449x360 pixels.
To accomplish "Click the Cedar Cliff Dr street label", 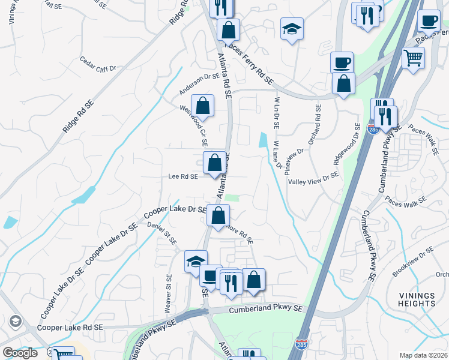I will [x=97, y=65].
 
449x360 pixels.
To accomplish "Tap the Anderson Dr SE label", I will [x=200, y=84].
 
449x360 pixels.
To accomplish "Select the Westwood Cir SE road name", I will [x=194, y=125].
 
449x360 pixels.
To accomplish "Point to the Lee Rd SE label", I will [x=183, y=176].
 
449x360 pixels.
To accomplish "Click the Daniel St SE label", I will [x=163, y=233].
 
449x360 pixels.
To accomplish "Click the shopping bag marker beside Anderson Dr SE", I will [x=204, y=106].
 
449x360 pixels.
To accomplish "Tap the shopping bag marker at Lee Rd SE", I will [x=215, y=163].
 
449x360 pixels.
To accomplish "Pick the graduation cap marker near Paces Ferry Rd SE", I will [x=292, y=29].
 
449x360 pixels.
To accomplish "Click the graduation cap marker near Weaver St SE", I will [x=196, y=262].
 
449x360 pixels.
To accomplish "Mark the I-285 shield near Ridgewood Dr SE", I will [x=372, y=129].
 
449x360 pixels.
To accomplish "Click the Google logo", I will [x=20, y=353].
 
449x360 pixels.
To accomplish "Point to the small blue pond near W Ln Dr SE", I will [x=263, y=140].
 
